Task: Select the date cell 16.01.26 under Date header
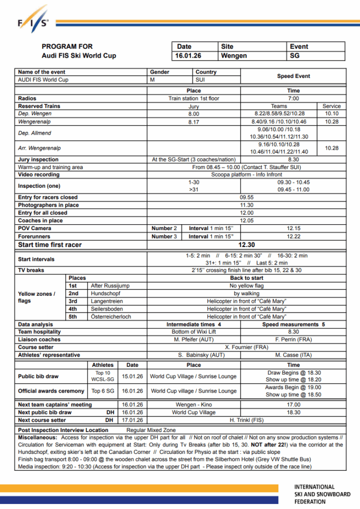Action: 188,56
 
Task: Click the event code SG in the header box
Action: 294,56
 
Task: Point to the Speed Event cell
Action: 293,76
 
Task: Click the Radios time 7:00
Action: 293,98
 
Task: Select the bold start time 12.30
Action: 246,245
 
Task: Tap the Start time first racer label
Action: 50,245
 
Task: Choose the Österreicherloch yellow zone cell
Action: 110,317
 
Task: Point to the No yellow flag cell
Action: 246,286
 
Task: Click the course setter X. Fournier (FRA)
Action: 246,347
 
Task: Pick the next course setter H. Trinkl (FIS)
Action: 246,420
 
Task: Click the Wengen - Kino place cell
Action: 194,405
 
